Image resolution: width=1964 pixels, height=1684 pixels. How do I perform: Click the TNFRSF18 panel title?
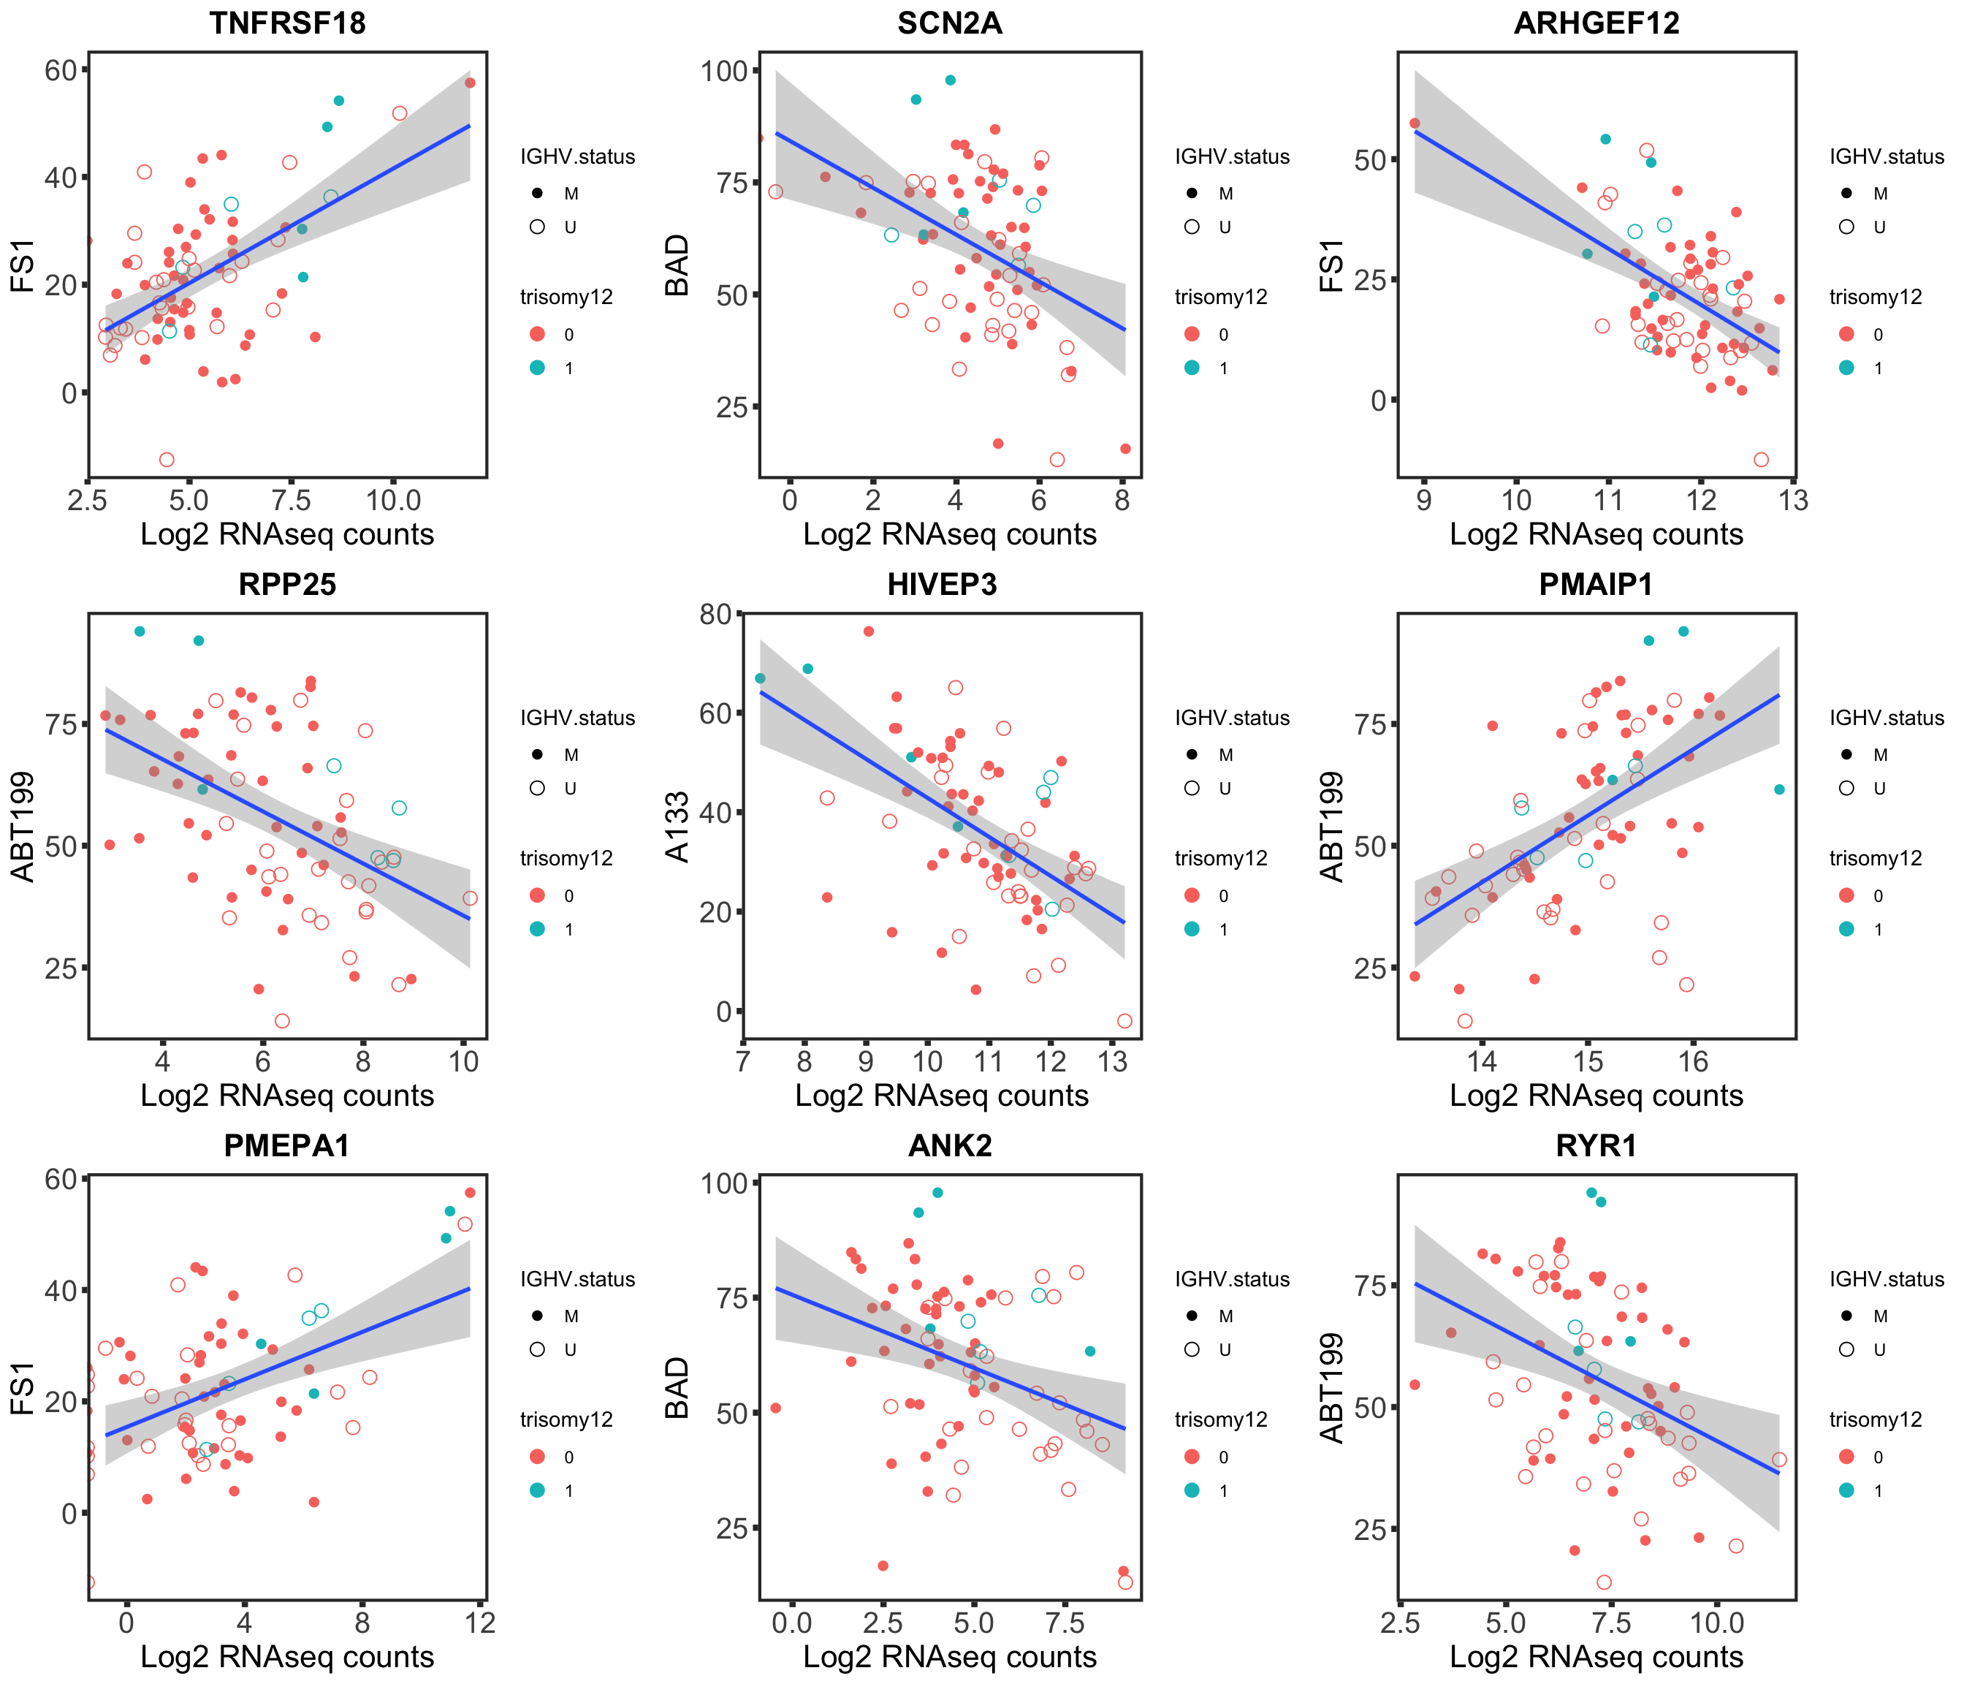click(287, 23)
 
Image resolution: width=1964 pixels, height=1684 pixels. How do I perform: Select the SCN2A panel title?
click(949, 23)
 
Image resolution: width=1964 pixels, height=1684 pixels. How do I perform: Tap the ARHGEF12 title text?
click(1596, 23)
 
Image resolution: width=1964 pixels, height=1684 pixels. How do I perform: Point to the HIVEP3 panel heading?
click(943, 584)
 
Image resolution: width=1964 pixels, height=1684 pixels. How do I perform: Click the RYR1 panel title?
click(1596, 1145)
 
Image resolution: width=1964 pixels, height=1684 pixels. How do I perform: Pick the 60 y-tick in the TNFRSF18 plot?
click(61, 70)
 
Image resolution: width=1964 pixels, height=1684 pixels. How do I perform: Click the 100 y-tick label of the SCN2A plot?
click(724, 71)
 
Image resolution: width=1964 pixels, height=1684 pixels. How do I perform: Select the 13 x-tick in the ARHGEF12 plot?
click(1792, 500)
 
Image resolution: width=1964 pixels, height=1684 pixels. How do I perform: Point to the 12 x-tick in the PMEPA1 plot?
click(481, 1623)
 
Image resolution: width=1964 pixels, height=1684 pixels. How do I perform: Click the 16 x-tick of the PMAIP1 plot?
click(1693, 1062)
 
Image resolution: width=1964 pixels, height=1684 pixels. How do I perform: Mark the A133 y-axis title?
click(678, 827)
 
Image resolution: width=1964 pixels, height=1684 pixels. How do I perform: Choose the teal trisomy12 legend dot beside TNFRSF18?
click(538, 368)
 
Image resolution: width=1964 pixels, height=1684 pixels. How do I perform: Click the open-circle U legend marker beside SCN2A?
click(1192, 227)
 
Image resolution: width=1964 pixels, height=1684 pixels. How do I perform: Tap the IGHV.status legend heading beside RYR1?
click(1887, 1279)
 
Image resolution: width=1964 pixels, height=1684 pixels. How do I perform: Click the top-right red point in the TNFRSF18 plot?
click(469, 83)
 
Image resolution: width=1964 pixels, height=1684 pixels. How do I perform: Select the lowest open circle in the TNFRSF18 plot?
click(167, 460)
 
